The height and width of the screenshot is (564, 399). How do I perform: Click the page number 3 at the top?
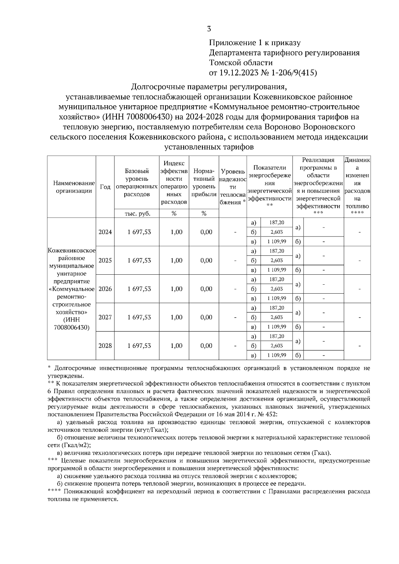click(209, 29)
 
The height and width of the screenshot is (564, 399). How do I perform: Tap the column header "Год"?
click(105, 187)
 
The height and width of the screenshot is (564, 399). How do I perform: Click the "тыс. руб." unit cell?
click(137, 214)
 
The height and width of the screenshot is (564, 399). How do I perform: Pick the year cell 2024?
click(105, 232)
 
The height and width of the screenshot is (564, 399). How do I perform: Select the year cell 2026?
click(105, 289)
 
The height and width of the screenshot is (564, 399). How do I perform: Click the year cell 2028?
click(105, 345)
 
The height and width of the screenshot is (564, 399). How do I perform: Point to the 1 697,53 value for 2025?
click(139, 260)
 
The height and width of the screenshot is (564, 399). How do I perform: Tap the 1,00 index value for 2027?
click(176, 317)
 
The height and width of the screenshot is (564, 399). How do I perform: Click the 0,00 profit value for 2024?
click(206, 232)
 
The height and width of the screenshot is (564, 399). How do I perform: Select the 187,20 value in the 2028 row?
click(276, 336)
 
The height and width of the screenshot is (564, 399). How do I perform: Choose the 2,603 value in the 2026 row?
click(276, 289)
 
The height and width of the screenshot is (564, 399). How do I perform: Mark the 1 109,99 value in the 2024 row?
click(276, 241)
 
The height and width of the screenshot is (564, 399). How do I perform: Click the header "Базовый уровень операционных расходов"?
click(137, 183)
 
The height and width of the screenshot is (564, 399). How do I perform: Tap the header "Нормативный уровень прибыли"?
click(204, 183)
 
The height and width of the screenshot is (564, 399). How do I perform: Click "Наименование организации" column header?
click(71, 187)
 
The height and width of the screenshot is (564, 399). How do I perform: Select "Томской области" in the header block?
click(241, 62)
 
